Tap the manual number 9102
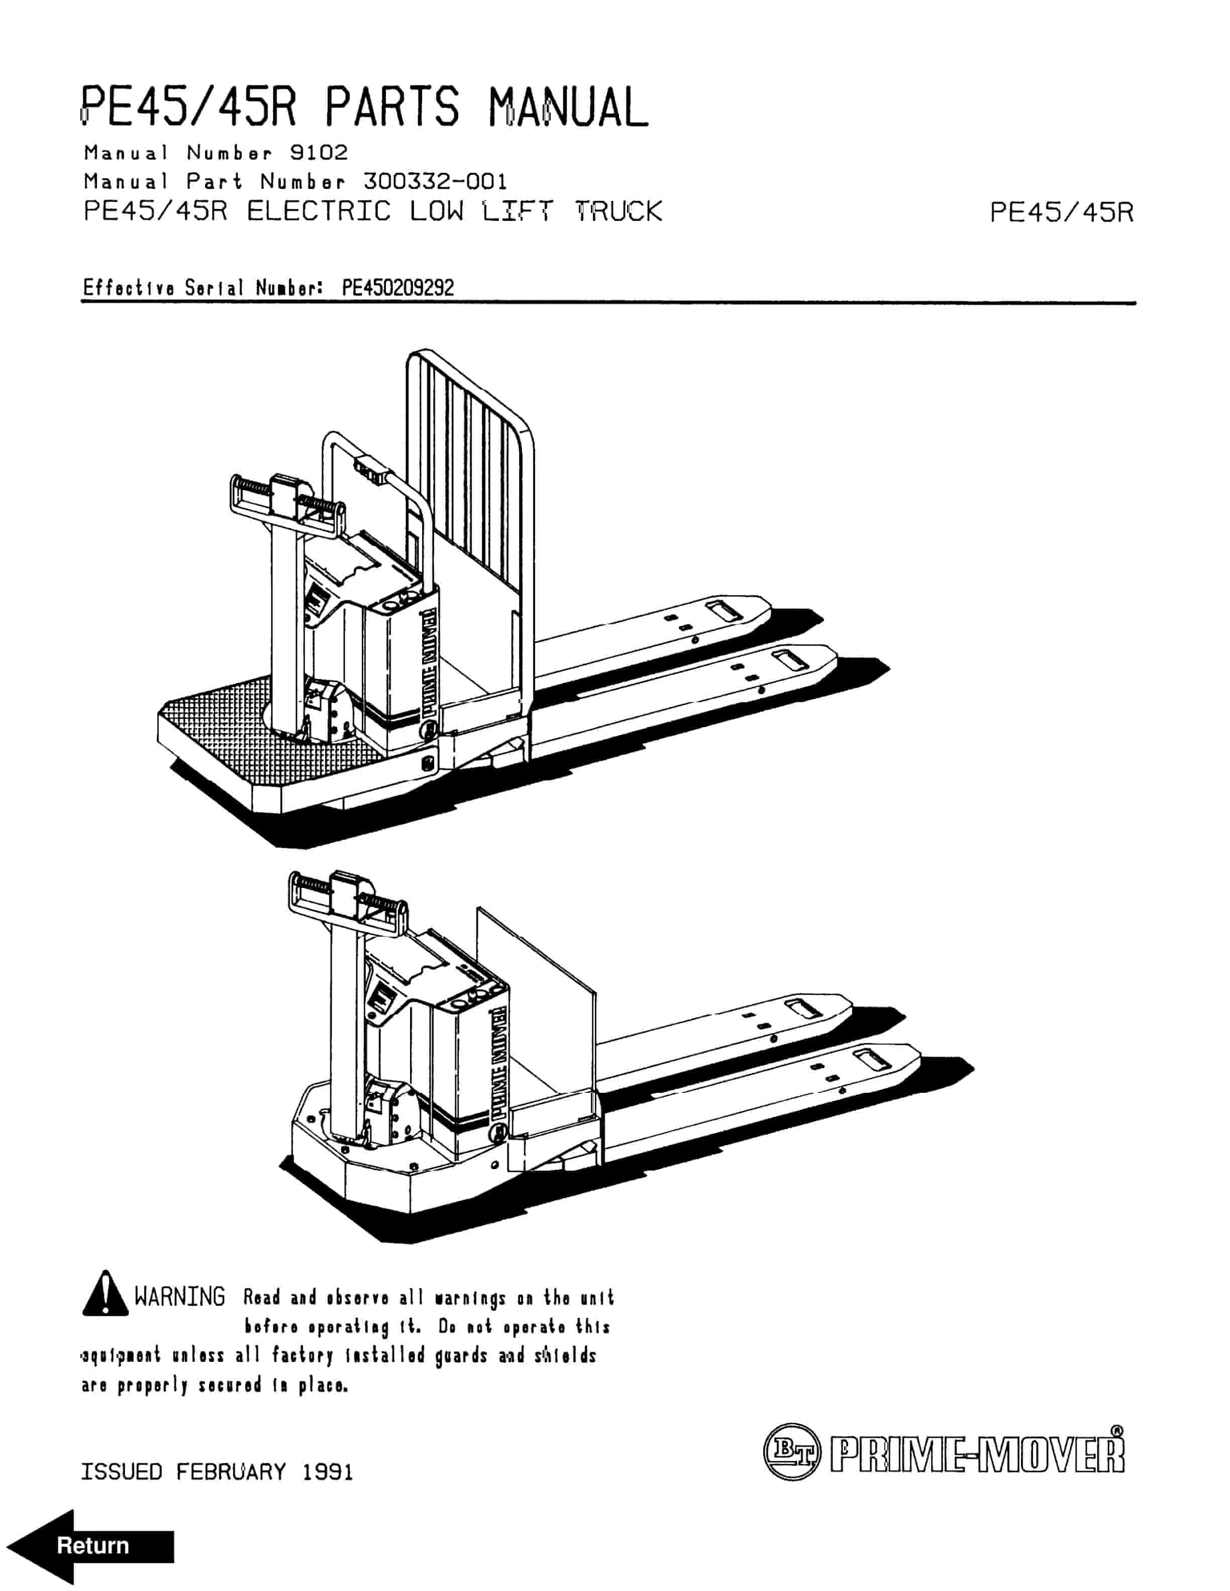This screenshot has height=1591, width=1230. pyautogui.click(x=319, y=152)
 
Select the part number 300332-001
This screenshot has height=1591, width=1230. pyautogui.click(x=434, y=181)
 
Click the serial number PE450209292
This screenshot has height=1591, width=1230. pyautogui.click(x=398, y=288)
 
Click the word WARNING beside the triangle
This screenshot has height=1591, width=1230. pyautogui.click(x=180, y=1297)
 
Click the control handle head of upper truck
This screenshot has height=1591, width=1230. pyautogui.click(x=286, y=495)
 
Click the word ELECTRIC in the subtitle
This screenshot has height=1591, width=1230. pyautogui.click(x=319, y=211)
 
